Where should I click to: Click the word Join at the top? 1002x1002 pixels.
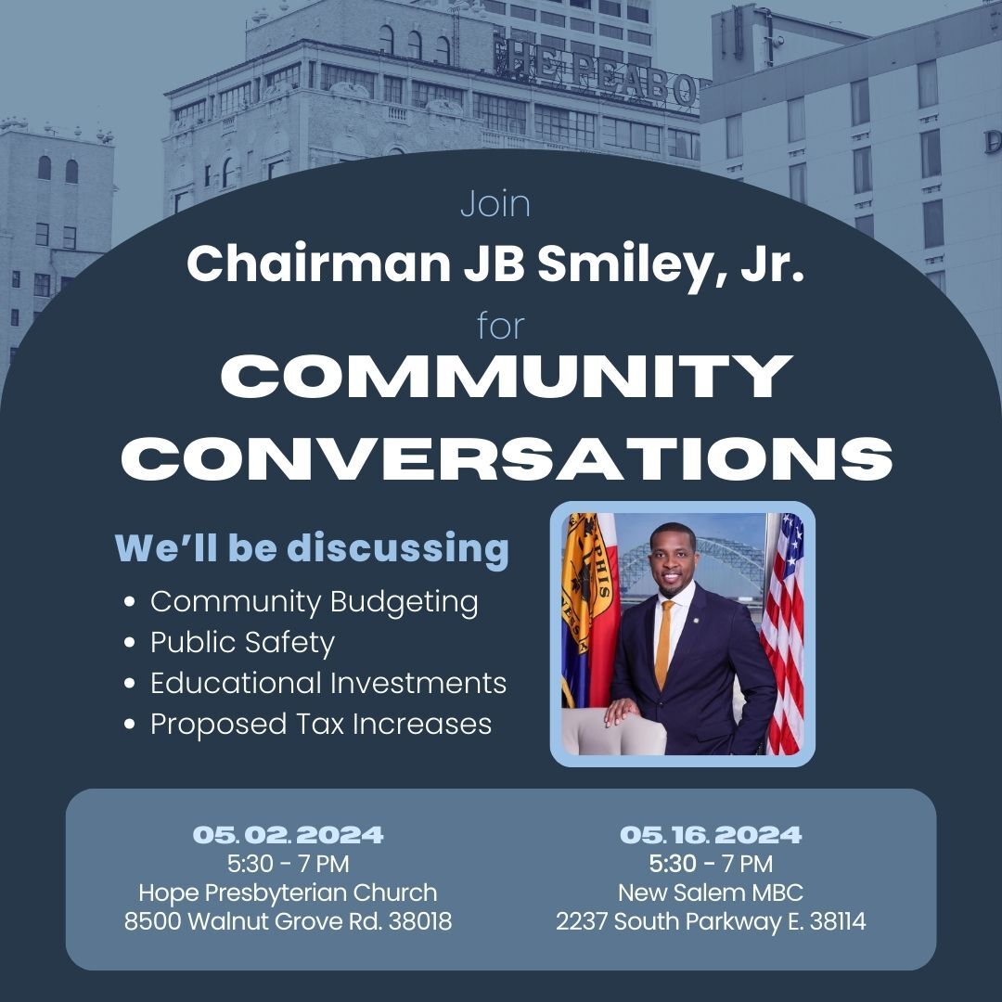coord(495,204)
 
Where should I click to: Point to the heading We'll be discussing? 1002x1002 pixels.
coord(312,547)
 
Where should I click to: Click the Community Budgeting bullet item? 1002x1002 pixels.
coord(314,601)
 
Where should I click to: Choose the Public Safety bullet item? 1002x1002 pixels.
coord(242,642)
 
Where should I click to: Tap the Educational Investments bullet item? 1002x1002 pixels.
coord(328,683)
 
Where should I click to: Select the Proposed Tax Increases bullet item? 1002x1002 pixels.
coord(320,724)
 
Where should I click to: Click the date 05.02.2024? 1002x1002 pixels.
coord(288,835)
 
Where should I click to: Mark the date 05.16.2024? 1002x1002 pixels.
coord(711,835)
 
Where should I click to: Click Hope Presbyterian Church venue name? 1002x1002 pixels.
coord(288,893)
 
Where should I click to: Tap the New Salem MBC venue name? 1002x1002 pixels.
coord(711,893)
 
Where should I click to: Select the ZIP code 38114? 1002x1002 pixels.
coord(837,922)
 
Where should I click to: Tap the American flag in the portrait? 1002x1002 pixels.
coord(784,631)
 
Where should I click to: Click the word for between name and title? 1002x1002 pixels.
coord(500,326)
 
